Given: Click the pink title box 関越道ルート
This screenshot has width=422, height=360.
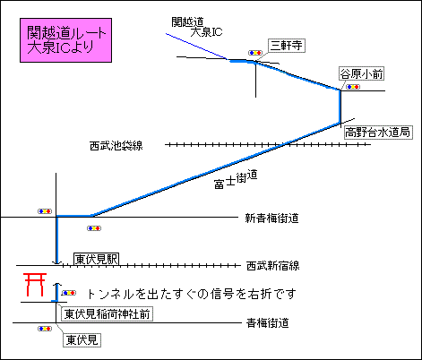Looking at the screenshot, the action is point(65,40).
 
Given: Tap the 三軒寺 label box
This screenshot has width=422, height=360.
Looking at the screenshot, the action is point(287,46).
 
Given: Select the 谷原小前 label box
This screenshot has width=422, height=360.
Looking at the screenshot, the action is point(361,73).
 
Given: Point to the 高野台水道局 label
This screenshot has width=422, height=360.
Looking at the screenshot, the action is point(378,133).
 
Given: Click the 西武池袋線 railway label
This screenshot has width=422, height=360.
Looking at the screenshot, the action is point(116,146).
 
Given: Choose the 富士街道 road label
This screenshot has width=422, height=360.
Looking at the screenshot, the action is point(236,179).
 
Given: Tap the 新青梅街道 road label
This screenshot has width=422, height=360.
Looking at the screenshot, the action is point(271,219).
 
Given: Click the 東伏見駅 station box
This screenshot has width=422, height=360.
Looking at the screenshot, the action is point(96,259).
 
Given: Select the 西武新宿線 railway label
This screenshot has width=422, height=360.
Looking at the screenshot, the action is point(272,266).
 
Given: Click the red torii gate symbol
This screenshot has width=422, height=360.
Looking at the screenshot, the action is point(35,285).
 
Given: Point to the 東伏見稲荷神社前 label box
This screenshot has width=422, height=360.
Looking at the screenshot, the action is point(107,314).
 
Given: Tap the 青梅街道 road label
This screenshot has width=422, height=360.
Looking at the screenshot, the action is point(268,323).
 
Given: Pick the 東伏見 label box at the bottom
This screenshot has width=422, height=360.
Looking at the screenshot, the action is point(82,340).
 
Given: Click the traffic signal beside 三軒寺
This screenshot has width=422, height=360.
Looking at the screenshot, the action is point(255,53).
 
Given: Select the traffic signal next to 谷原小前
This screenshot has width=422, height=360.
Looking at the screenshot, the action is point(353,87).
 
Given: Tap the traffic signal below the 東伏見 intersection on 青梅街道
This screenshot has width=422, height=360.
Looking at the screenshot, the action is point(45,329).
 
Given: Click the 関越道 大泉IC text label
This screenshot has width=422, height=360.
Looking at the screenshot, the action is point(197,27).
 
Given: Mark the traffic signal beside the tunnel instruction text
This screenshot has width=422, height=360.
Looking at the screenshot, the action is point(69,293).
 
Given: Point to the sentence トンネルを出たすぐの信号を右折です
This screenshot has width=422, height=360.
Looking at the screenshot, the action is point(191,294).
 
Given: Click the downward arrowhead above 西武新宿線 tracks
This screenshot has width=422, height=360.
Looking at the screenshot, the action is point(56,262).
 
